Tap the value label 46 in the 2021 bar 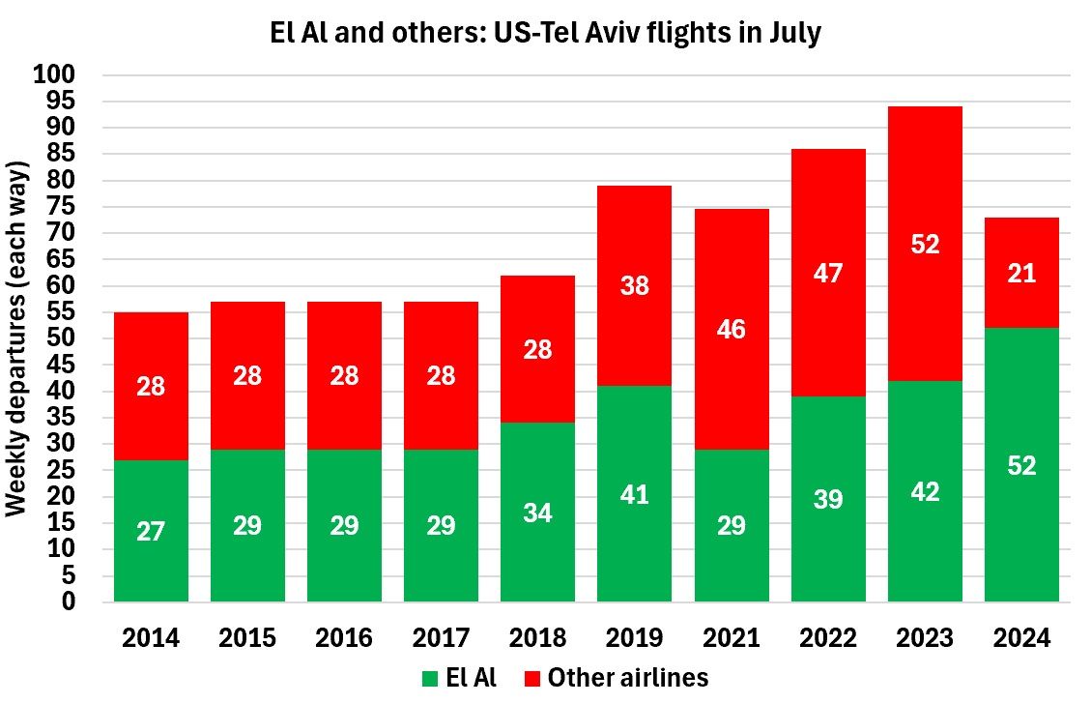point(732,329)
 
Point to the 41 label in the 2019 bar point(635,495)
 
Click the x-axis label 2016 point(344,638)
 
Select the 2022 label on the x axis point(828,638)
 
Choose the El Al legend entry point(460,678)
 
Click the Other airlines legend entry point(615,678)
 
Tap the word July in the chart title point(790,33)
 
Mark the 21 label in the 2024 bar point(1021,274)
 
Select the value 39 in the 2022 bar point(828,499)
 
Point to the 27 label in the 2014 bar point(151,531)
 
